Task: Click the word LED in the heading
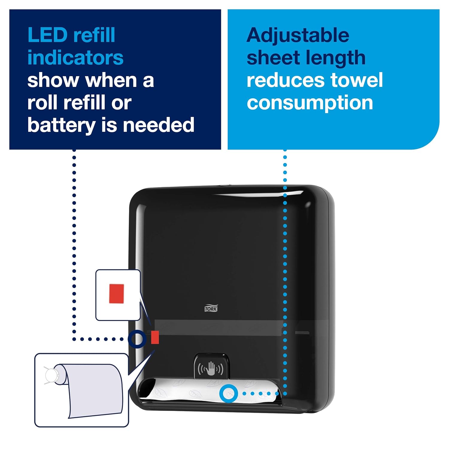(x=47, y=35)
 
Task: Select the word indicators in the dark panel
(x=75, y=58)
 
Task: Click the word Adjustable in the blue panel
(x=298, y=35)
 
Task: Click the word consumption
(x=310, y=103)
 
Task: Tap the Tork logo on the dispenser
(x=211, y=309)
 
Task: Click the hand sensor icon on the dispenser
(x=211, y=368)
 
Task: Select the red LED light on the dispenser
(x=155, y=337)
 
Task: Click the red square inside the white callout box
(x=116, y=294)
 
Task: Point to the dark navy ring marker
(x=137, y=339)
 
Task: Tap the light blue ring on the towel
(x=229, y=393)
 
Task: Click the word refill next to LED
(x=94, y=35)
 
